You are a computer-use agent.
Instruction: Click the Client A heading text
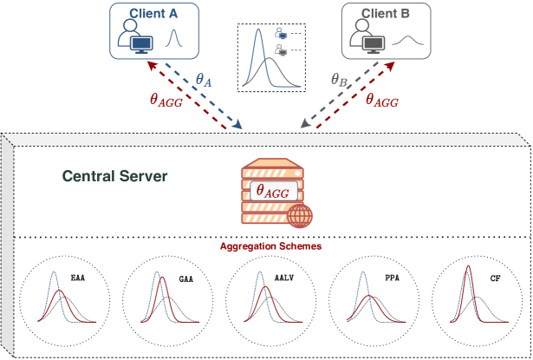[x=155, y=15]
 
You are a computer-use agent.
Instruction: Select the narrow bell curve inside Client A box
[x=172, y=40]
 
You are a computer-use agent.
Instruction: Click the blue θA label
[x=205, y=79]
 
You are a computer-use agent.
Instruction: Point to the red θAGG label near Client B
[x=381, y=101]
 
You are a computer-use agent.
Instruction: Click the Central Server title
[x=114, y=176]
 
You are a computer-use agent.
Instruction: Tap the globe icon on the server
[x=301, y=213]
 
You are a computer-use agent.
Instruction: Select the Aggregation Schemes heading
[x=271, y=246]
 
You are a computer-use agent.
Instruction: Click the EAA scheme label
[x=79, y=278]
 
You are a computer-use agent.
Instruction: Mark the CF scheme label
[x=495, y=278]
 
